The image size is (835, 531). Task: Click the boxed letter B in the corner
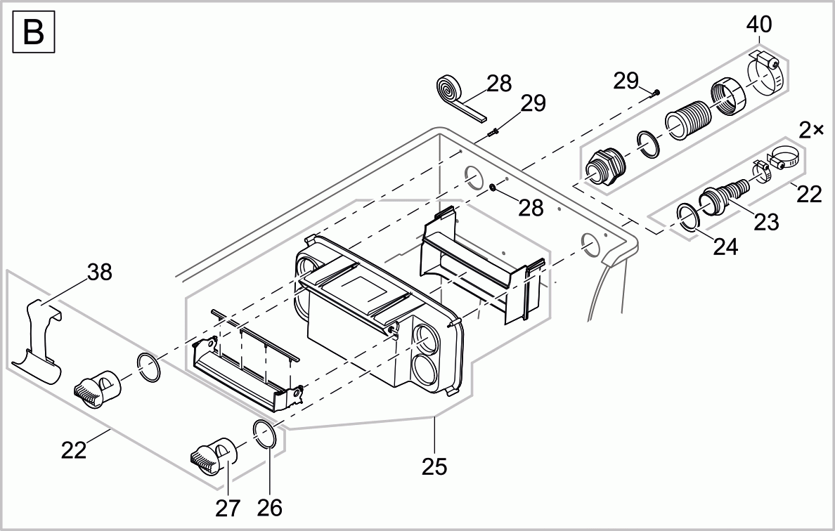coord(33,33)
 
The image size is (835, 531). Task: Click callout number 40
coord(759,25)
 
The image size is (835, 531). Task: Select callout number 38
coord(100,273)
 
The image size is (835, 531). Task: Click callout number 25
coord(435,466)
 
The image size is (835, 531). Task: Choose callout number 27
coord(228,507)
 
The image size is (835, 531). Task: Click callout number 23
coord(766,222)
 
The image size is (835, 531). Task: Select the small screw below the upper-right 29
coord(656,92)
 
